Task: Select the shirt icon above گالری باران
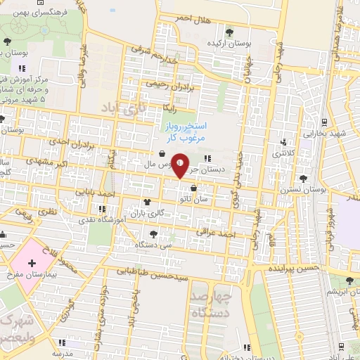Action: (147, 200)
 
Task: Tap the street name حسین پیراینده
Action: (294, 268)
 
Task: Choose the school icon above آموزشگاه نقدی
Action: (102, 208)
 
